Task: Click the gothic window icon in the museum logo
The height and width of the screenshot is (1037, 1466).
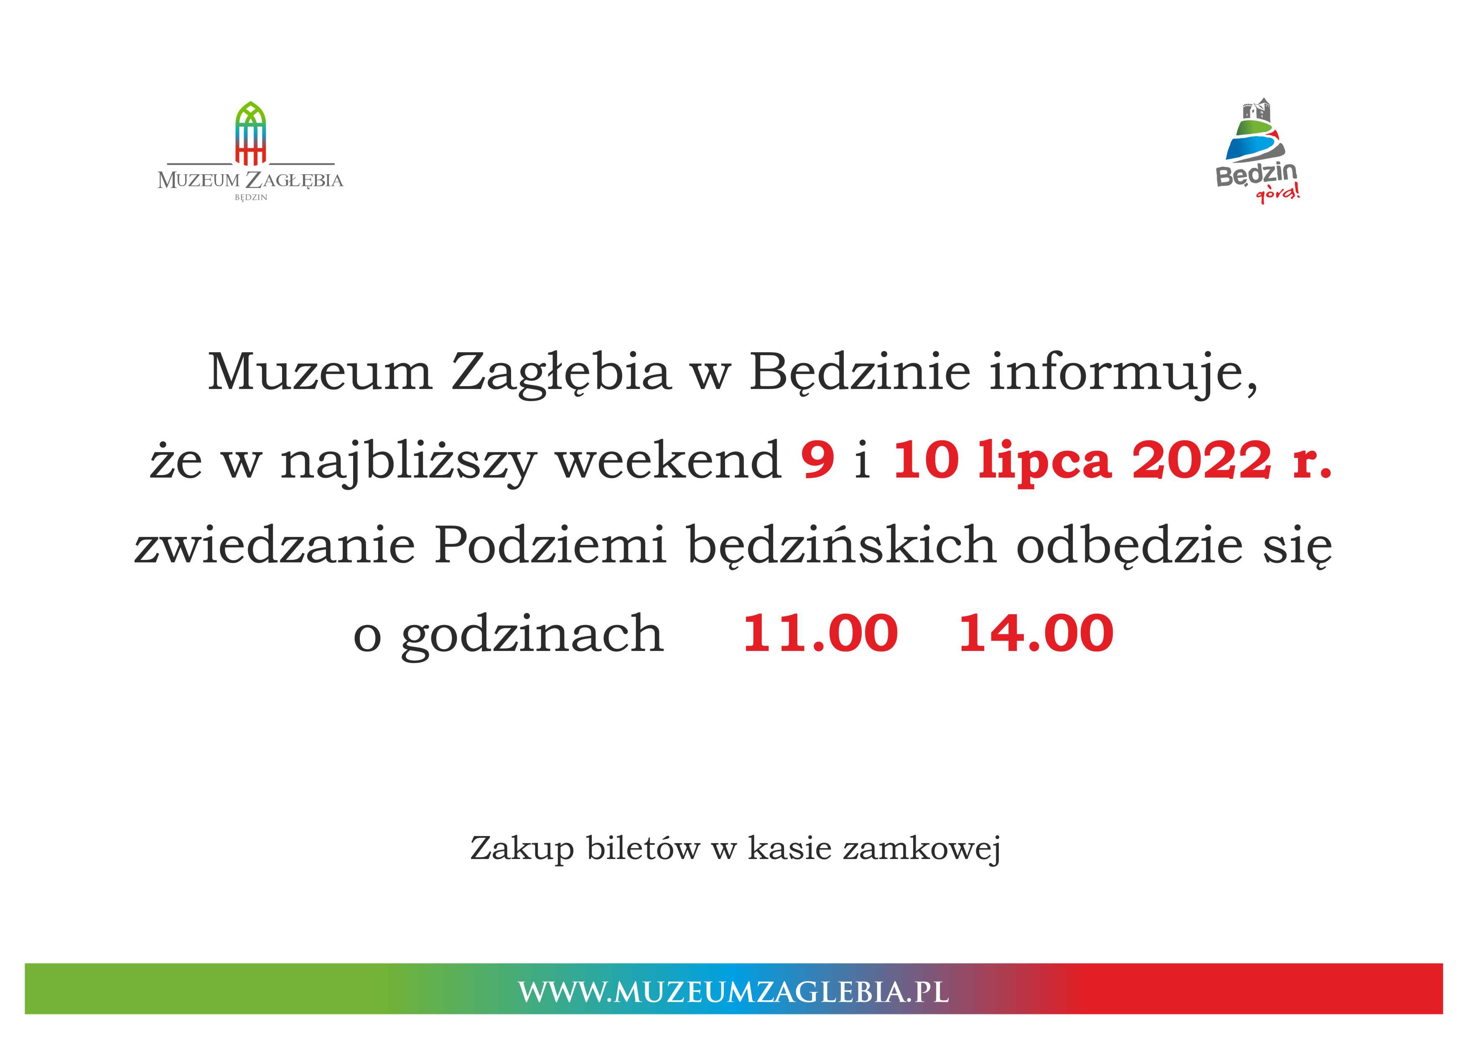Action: point(250,133)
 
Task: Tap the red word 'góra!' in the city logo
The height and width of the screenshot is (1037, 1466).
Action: point(1278,193)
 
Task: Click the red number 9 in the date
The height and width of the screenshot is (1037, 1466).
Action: point(818,459)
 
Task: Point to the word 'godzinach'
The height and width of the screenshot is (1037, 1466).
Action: point(532,636)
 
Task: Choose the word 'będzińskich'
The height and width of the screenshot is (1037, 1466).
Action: point(842,548)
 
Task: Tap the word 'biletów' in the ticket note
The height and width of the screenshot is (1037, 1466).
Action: point(643,848)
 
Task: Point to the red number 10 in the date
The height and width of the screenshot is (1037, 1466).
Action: point(925,459)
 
